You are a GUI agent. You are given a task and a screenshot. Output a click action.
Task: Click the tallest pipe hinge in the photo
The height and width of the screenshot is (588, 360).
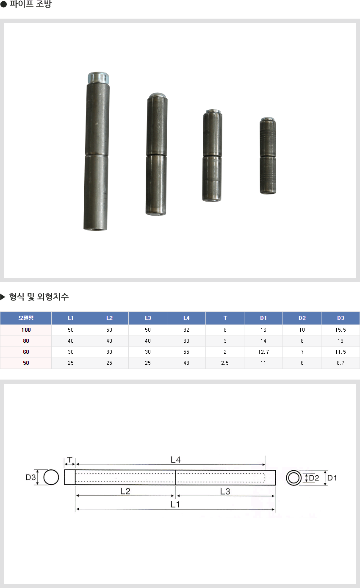pyautogui.click(x=96, y=152)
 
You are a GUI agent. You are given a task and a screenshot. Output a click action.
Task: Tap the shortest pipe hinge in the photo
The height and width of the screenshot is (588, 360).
pyautogui.click(x=268, y=156)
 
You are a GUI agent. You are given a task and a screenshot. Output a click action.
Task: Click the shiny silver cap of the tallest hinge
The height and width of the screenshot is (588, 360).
pyautogui.click(x=98, y=78)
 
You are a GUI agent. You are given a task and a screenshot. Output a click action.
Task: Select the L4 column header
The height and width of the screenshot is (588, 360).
pyautogui.click(x=186, y=318)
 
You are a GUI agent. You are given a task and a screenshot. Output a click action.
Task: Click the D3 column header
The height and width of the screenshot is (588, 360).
pyautogui.click(x=341, y=318)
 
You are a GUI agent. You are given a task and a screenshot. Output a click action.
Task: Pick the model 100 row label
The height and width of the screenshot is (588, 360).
pyautogui.click(x=26, y=330)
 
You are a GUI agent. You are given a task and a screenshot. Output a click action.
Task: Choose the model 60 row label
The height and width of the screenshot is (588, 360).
pyautogui.click(x=26, y=352)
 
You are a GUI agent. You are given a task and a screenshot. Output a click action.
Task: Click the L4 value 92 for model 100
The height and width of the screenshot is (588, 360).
pyautogui.click(x=186, y=330)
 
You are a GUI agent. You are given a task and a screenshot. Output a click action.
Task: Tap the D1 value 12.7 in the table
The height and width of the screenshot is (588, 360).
pyautogui.click(x=263, y=352)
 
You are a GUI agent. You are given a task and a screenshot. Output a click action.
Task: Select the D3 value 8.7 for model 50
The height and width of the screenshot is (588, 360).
pyautogui.click(x=341, y=363)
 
